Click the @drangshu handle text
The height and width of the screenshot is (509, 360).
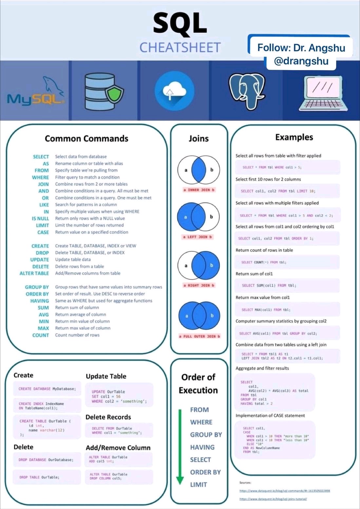coord(301,61)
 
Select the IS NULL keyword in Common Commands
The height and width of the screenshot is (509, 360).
coord(40,219)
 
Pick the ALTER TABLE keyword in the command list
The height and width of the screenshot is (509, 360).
coord(34,273)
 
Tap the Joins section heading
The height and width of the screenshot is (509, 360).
coord(199,139)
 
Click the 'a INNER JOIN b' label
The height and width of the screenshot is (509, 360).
coord(199,190)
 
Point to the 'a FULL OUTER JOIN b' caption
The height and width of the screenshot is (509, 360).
coord(199,336)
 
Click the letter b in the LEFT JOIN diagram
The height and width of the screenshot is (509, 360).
coord(211,217)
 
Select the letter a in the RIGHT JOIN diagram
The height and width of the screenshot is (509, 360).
coord(186,265)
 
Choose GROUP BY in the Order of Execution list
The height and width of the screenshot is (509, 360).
coord(206,435)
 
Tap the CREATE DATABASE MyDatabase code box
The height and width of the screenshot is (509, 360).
coord(47,389)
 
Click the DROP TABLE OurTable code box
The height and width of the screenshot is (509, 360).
coord(47,477)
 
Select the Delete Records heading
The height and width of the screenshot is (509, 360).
coord(108,417)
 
